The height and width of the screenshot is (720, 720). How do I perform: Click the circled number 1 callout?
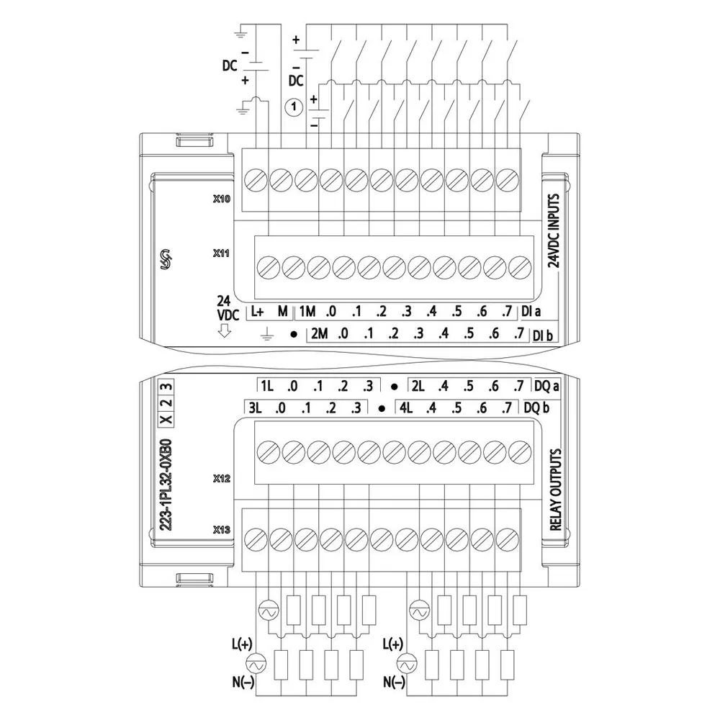click(x=294, y=107)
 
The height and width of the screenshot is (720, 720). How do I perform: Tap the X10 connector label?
click(x=221, y=199)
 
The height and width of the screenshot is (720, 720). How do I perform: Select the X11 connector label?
click(x=221, y=253)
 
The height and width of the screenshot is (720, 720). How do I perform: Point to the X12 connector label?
click(x=221, y=479)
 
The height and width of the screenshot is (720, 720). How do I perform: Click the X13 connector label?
click(x=221, y=530)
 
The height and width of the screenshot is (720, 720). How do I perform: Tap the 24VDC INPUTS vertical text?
click(x=554, y=230)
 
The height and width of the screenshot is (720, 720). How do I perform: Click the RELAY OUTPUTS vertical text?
click(x=556, y=490)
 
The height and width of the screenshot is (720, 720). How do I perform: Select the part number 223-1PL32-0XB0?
click(x=166, y=485)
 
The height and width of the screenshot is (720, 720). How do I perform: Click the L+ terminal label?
click(x=257, y=312)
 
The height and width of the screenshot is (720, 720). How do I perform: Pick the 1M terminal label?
click(x=307, y=312)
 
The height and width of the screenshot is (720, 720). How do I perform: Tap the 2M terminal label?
click(x=319, y=333)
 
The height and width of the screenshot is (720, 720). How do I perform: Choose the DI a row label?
click(x=531, y=312)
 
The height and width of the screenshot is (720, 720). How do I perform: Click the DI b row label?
click(x=542, y=336)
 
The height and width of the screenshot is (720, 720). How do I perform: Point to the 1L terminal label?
click(x=267, y=386)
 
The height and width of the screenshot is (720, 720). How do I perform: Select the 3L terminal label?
click(x=255, y=408)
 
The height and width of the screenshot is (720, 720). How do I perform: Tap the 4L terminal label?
click(x=406, y=408)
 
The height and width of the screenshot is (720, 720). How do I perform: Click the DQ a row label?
click(x=546, y=386)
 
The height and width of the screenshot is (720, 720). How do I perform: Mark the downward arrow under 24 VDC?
click(x=224, y=330)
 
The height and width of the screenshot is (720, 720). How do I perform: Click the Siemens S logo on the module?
click(x=166, y=260)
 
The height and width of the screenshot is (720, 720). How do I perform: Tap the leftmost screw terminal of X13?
click(x=256, y=539)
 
